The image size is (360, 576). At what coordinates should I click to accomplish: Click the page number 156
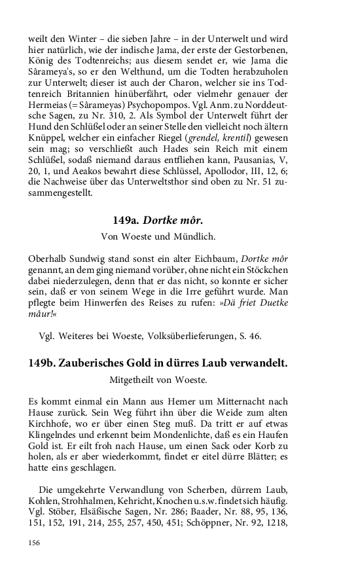pos(35,543)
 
